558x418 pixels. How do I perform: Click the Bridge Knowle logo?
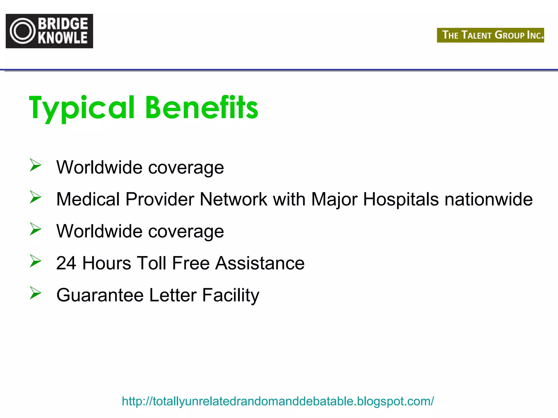point(49,31)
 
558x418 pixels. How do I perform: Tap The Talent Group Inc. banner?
point(490,35)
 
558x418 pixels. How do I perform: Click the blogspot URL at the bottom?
point(278,401)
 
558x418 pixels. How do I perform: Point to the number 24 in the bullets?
point(66,263)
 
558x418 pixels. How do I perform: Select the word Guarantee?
point(100,295)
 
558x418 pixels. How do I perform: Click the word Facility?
point(231,296)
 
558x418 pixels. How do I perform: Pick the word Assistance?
point(260,263)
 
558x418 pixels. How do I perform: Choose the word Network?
point(233,199)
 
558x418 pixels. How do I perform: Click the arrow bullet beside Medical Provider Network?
point(35,197)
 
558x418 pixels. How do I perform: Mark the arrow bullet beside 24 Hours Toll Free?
point(35,261)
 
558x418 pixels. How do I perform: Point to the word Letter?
point(173,295)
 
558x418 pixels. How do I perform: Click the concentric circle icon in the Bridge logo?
point(23,31)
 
